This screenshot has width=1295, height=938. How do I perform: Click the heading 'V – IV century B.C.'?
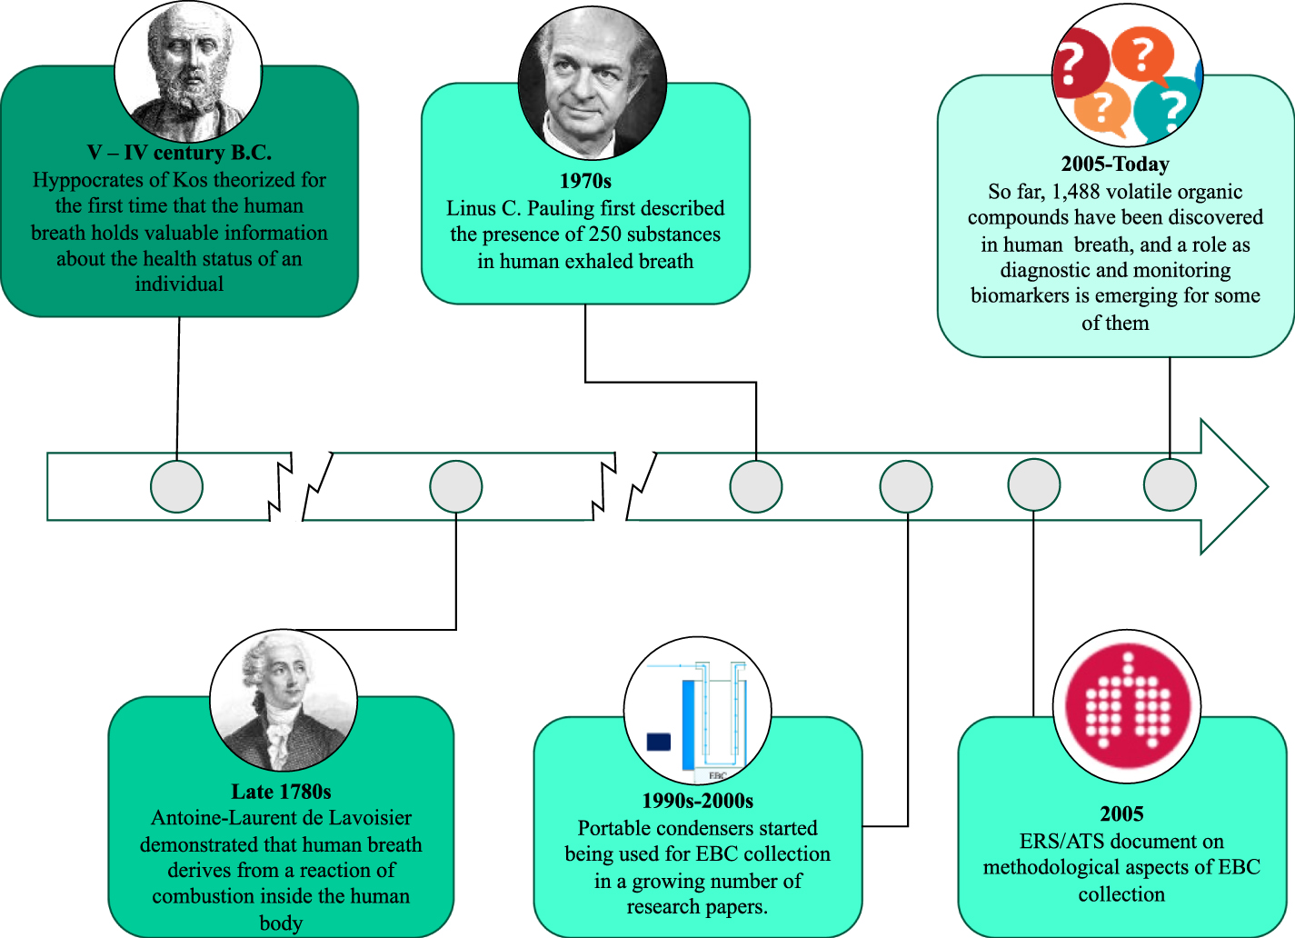(x=179, y=153)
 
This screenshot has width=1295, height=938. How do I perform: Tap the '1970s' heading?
(x=585, y=181)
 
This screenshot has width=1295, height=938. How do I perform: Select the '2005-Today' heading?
(x=1115, y=164)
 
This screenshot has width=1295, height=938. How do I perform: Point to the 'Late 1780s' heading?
(x=281, y=791)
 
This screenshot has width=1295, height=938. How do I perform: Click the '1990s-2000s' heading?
(x=698, y=801)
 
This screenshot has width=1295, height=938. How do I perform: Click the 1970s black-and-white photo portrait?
(x=592, y=84)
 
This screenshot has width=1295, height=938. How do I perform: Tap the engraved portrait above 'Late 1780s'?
(x=284, y=701)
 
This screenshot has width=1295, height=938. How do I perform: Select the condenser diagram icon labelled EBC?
(x=697, y=711)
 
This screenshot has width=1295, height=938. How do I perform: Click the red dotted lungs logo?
(x=1127, y=706)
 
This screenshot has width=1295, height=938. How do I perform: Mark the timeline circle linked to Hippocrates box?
(x=176, y=486)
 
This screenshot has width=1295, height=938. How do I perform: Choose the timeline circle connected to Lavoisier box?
(x=455, y=486)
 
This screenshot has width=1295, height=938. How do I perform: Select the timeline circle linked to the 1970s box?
(x=755, y=486)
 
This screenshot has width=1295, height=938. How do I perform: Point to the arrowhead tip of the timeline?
(x=1269, y=487)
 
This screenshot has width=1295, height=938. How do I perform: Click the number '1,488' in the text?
(x=1076, y=192)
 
